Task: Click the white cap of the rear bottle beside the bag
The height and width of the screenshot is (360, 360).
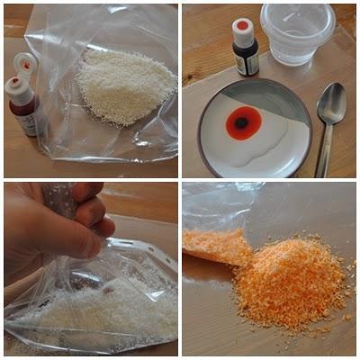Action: tap(26, 62)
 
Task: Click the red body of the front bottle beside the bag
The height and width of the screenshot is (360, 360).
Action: tap(23, 113)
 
